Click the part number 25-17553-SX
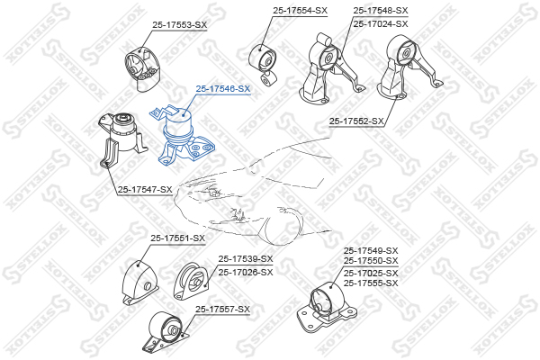[x=180, y=25]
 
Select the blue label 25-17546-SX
[x=223, y=88]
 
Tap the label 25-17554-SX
[x=300, y=11]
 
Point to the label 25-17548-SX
[x=381, y=11]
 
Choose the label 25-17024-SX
[x=381, y=23]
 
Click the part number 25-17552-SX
[x=356, y=121]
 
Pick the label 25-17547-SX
[x=145, y=190]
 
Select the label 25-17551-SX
[x=177, y=238]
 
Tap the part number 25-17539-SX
[x=246, y=258]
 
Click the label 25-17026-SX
[x=246, y=272]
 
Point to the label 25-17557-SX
[x=223, y=310]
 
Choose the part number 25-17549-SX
[x=371, y=251]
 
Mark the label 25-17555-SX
[x=371, y=283]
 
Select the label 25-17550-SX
[x=371, y=261]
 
